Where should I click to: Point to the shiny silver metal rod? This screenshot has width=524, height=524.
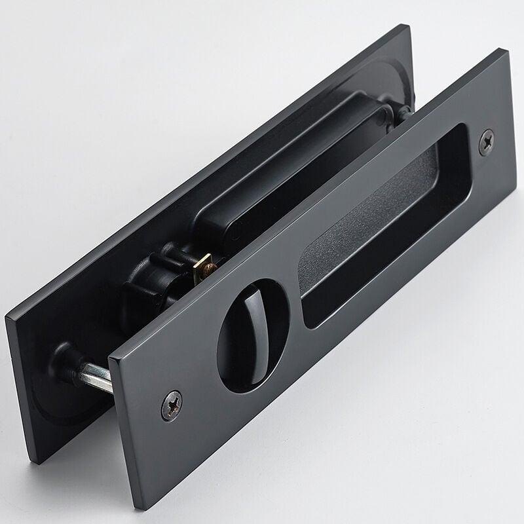coord(96,378)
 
